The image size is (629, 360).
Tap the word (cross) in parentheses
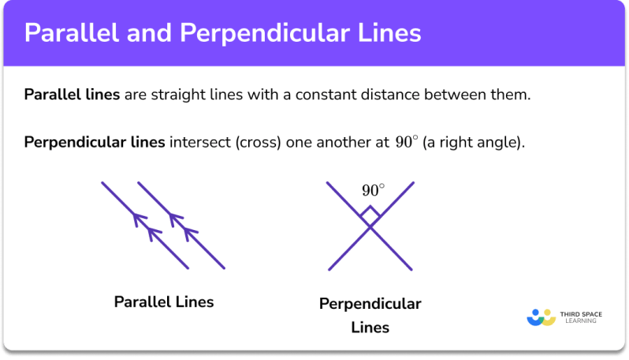259,143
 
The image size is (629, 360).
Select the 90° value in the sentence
407,142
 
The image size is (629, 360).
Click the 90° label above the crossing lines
373,191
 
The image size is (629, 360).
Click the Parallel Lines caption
164,302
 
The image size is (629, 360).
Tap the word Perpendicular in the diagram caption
370,304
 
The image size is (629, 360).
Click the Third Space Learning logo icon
542,317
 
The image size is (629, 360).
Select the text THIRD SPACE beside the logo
581,314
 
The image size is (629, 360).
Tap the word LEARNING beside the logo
581,321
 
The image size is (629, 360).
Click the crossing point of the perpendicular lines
370,227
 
